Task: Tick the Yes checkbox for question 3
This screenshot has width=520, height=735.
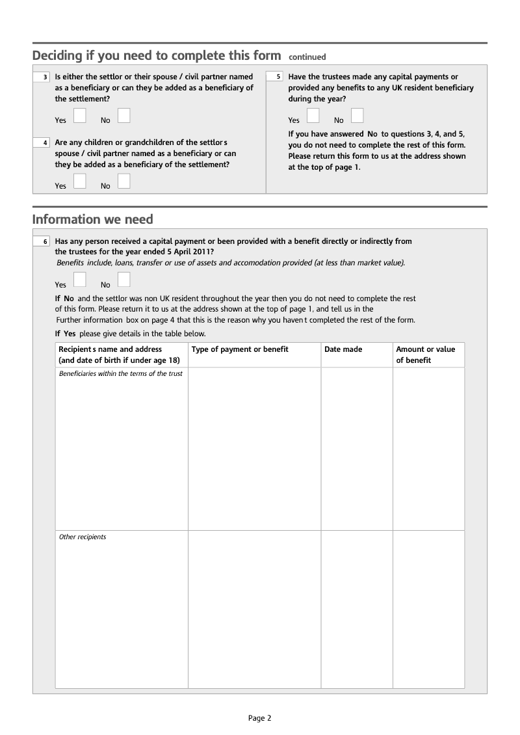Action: (80, 116)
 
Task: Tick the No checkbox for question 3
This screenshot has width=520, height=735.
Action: (123, 116)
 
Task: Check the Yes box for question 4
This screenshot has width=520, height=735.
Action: (80, 181)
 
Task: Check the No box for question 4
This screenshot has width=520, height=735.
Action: (123, 181)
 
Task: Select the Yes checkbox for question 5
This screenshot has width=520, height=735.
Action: (313, 116)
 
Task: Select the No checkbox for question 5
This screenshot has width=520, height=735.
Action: (357, 116)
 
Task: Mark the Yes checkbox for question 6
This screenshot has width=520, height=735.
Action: (80, 280)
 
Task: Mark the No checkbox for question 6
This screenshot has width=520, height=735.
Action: (123, 280)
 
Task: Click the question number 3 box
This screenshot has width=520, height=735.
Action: (42, 77)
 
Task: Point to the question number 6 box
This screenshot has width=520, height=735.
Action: (42, 242)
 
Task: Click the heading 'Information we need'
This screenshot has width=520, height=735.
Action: (93, 219)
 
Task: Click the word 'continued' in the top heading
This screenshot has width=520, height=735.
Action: (307, 57)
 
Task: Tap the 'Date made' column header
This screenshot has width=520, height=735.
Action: (343, 349)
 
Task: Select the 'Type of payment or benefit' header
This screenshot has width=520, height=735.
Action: (240, 349)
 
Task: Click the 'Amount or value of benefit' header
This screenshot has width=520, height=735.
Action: (426, 354)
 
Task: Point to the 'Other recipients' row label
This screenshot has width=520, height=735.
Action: (83, 537)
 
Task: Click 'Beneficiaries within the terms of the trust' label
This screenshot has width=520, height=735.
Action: (121, 374)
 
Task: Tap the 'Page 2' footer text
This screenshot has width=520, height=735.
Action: (259, 718)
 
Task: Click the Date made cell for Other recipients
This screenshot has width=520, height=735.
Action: (356, 609)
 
